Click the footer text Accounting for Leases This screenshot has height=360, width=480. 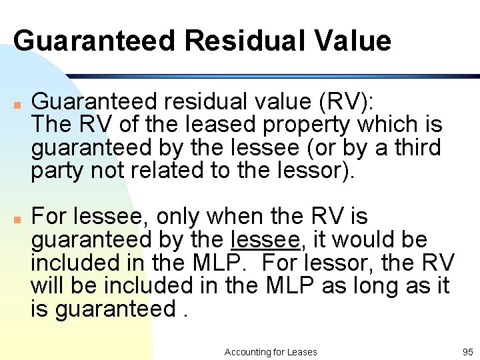[x=271, y=352]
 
